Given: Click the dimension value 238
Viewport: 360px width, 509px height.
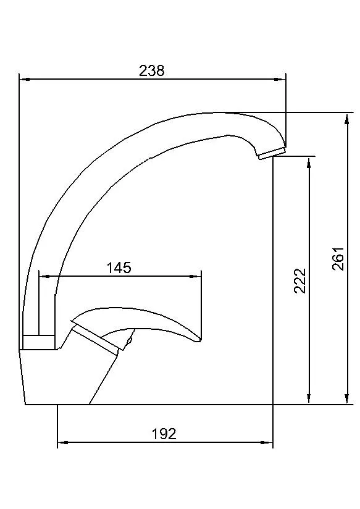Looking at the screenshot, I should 152,70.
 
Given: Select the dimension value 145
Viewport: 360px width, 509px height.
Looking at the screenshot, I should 119,267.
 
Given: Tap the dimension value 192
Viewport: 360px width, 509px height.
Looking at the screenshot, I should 164,434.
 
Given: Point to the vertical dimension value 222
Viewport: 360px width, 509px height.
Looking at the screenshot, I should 300,280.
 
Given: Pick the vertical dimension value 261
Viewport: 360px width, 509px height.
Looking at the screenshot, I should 338,258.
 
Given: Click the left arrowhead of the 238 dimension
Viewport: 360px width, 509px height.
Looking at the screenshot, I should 23,78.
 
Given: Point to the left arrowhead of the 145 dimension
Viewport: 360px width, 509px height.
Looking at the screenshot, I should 43,276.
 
